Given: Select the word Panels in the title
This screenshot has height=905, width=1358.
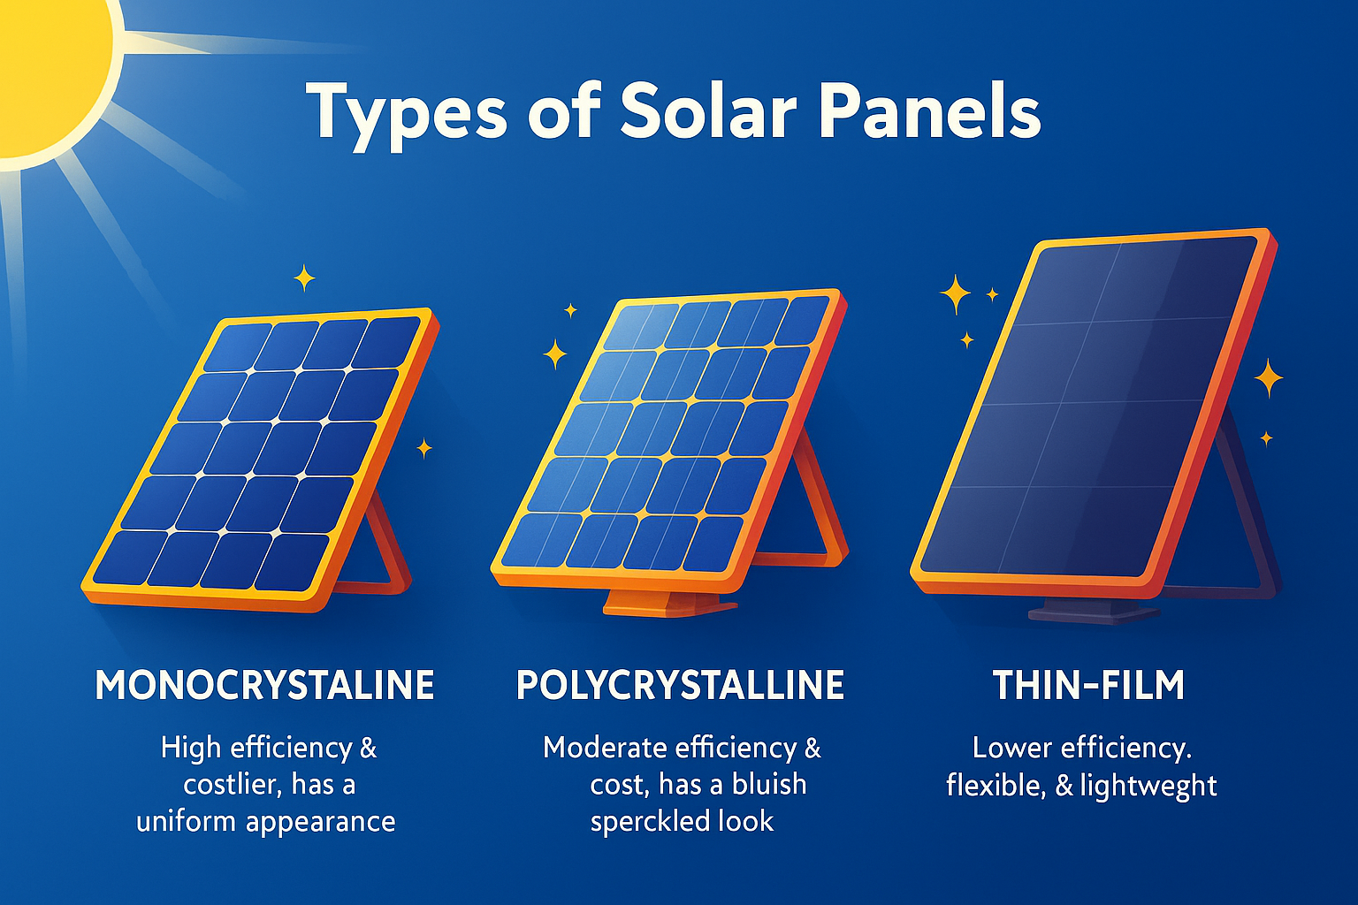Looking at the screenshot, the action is click(x=930, y=111).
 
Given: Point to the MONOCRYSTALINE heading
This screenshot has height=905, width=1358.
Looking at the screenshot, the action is click(x=264, y=685).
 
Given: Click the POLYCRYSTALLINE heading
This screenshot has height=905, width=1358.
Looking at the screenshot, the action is click(x=680, y=685).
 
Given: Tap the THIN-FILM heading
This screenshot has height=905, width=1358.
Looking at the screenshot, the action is click(x=1089, y=685).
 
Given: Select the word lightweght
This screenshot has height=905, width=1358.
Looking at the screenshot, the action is click(x=1148, y=787).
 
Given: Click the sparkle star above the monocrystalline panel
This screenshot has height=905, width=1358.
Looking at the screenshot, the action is click(x=304, y=278).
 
